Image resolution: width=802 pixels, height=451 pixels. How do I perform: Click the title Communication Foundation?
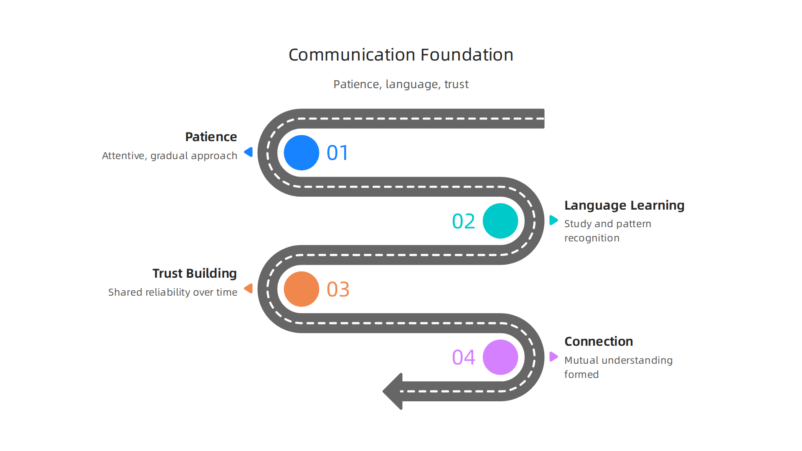(401, 55)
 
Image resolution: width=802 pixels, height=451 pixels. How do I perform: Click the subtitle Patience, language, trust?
(401, 84)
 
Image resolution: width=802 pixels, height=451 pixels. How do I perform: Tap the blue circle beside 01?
(301, 152)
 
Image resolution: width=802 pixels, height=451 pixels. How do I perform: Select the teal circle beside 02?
(500, 221)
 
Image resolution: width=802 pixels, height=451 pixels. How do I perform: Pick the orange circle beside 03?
(301, 289)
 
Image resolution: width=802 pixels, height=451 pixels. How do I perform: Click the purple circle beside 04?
(500, 357)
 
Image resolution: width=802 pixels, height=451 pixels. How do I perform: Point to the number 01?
(338, 153)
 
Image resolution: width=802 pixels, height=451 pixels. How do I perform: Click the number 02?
(463, 221)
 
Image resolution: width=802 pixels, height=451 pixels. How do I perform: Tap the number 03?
(338, 289)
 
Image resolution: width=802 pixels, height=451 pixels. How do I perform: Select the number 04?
(463, 357)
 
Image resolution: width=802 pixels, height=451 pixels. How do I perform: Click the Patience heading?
(211, 137)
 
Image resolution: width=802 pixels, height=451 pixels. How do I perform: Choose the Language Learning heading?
(624, 205)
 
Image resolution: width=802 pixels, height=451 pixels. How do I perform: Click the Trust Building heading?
(195, 274)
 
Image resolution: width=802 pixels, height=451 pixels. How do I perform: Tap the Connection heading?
(599, 342)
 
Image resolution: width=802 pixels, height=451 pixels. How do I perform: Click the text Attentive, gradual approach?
(170, 156)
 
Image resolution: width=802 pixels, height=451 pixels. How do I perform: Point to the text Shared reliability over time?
(173, 292)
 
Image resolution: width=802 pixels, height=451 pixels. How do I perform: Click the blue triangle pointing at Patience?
(249, 152)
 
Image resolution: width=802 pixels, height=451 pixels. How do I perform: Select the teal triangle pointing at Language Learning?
(553, 220)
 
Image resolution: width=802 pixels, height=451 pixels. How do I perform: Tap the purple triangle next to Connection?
(553, 357)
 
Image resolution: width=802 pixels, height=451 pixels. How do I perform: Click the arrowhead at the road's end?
(392, 391)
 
